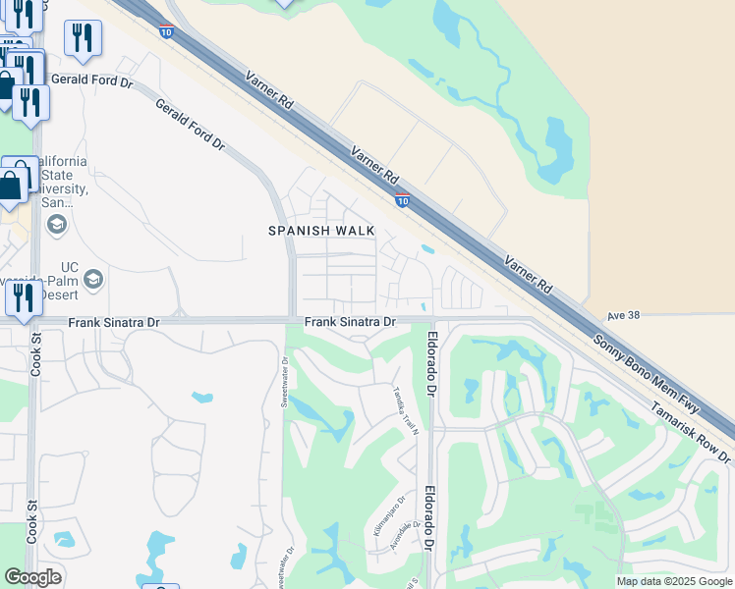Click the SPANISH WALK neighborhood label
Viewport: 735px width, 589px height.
click(x=322, y=231)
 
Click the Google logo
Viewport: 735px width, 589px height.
click(x=33, y=577)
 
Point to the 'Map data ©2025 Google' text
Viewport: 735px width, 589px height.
click(x=673, y=581)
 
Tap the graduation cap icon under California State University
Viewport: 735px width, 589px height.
click(x=56, y=226)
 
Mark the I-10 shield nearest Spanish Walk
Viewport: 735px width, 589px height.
click(x=403, y=200)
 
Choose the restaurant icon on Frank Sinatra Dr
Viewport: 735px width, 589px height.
click(x=24, y=297)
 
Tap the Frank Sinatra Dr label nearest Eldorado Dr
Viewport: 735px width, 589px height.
click(x=350, y=322)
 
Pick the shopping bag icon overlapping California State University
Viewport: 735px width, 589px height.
click(x=11, y=185)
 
